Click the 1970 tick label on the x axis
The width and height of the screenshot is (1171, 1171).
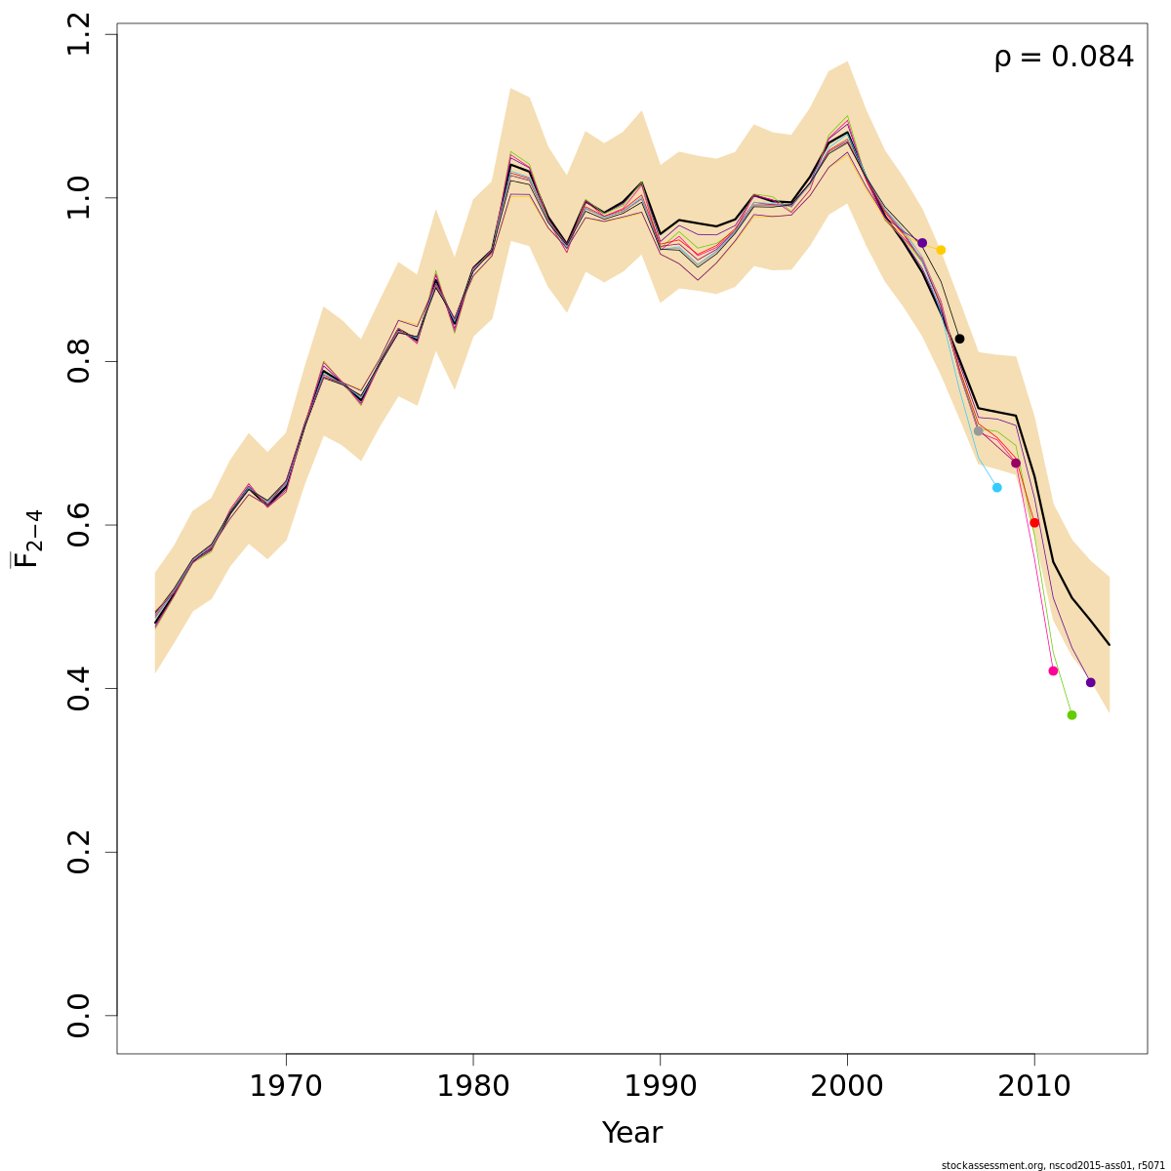coord(286,1086)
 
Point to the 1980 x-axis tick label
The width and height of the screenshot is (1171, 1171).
coord(473,1086)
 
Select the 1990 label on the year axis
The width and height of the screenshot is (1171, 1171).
coord(661,1086)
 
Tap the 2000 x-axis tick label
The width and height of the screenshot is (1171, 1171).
coord(847,1086)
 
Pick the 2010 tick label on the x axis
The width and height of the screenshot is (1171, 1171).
coord(1034,1086)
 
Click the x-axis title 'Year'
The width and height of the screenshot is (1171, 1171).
coord(631,1133)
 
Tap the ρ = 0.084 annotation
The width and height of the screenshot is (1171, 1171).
coord(1064,58)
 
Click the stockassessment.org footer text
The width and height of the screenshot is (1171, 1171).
coord(1053,1165)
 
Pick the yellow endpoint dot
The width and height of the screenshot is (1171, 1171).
coord(941,250)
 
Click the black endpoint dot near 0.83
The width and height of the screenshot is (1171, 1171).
coord(959,339)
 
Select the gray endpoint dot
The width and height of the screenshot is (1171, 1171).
coord(978,431)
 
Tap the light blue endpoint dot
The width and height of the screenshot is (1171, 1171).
coord(996,487)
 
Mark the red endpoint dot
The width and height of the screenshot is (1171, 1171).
coord(1034,523)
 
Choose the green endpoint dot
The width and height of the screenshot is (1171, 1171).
coord(1071,715)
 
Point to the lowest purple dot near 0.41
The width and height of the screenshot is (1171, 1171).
coord(1090,682)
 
